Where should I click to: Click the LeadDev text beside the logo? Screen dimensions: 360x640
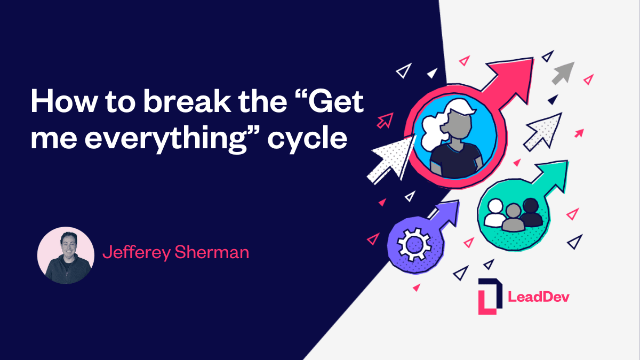(x=539, y=297)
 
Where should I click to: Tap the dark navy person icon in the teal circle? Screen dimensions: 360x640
(x=531, y=212)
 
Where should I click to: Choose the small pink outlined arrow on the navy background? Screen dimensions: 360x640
(x=384, y=121)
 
